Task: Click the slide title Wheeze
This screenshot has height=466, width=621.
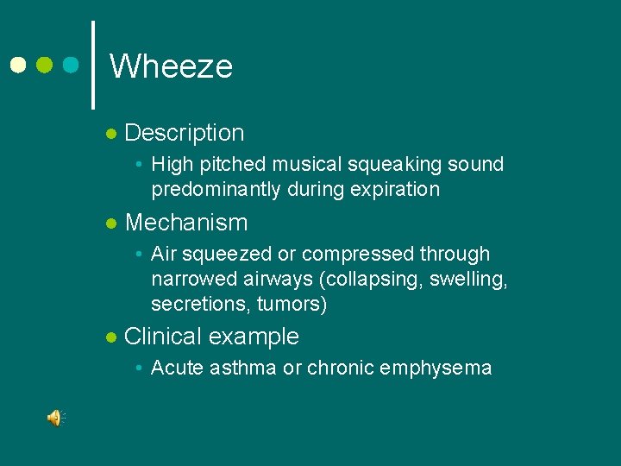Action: coord(171,66)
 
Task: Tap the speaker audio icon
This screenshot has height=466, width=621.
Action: coord(55,419)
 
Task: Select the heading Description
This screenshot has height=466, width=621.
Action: coord(185,133)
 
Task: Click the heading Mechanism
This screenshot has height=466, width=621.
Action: coord(186,223)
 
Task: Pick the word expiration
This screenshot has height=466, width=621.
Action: coord(395,189)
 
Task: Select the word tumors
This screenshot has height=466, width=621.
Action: coord(293,305)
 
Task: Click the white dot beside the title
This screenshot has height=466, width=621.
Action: coord(16,66)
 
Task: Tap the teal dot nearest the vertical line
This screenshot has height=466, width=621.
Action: coord(72,66)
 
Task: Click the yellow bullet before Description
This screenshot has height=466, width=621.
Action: coord(110,135)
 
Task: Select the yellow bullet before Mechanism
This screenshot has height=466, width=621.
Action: coord(110,224)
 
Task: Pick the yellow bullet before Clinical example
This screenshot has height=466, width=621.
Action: coord(110,338)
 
